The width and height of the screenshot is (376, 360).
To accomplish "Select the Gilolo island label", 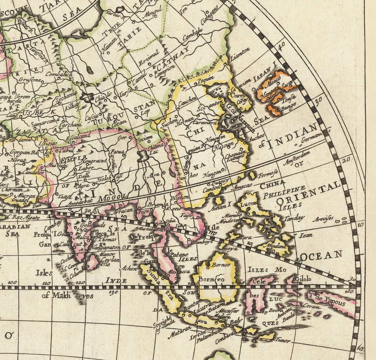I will click(303, 279).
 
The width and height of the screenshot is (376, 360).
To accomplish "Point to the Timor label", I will click(282, 340).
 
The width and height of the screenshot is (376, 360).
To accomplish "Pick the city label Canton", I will click(210, 190).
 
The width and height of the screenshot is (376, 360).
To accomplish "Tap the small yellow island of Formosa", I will click(252, 175).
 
